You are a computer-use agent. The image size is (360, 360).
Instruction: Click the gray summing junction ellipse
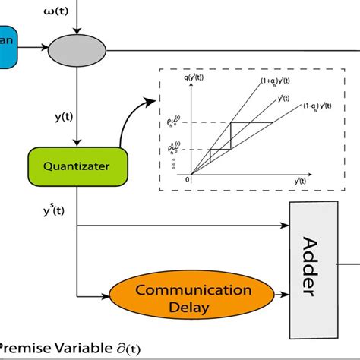(77, 52)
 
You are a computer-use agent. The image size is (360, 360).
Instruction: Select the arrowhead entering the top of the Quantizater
(77, 144)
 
